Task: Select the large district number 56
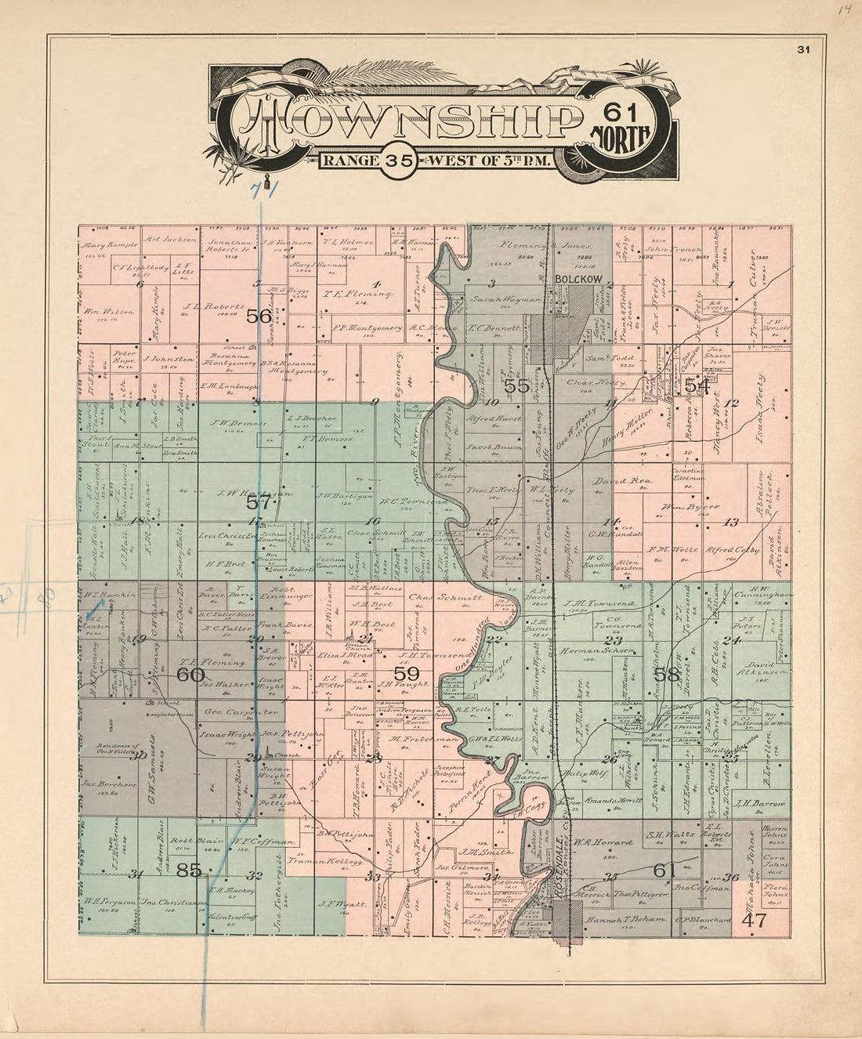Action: pos(259,317)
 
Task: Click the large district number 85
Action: pos(190,869)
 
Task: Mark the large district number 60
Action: pos(190,674)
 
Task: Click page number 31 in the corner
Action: pos(803,50)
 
